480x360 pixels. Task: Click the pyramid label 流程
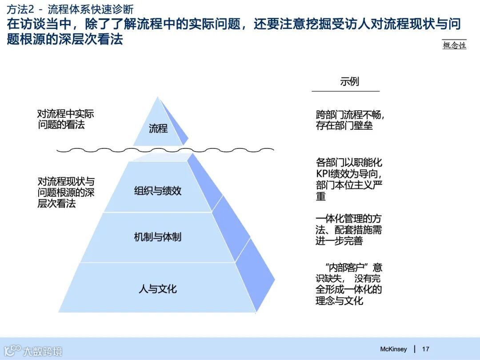click(x=158, y=128)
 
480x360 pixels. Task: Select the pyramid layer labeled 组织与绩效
click(x=158, y=191)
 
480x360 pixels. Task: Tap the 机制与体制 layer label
click(x=158, y=237)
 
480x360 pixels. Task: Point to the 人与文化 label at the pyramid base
click(x=158, y=289)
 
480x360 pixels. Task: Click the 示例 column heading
click(x=349, y=81)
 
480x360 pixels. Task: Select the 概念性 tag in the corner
click(x=454, y=45)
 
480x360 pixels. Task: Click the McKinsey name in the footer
click(x=393, y=349)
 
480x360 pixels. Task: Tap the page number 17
click(x=425, y=349)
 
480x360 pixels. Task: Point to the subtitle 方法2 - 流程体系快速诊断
click(x=70, y=9)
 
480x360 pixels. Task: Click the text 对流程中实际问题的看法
click(x=65, y=119)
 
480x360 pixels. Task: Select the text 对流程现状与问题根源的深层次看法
click(x=66, y=192)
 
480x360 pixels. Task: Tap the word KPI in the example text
click(x=324, y=174)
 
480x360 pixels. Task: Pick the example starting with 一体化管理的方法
click(x=348, y=230)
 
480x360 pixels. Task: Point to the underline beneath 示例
click(x=345, y=91)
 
